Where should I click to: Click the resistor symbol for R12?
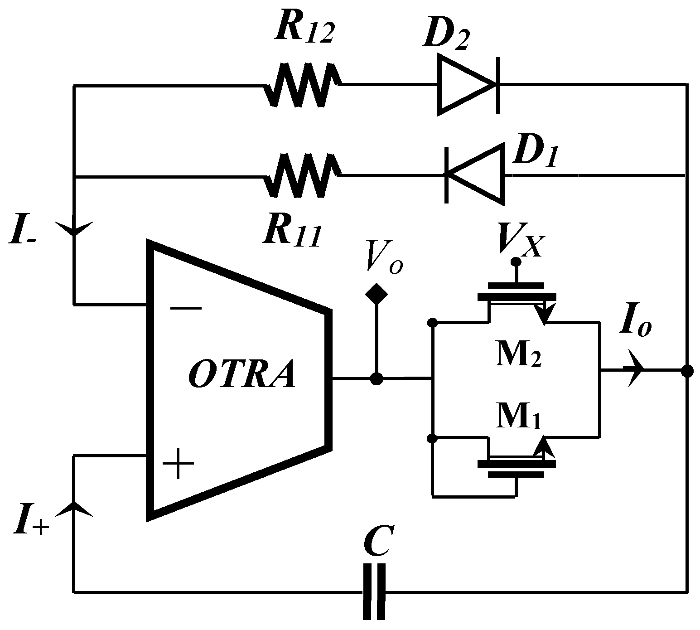point(301,85)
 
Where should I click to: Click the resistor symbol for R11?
point(301,176)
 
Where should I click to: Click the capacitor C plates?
point(375,591)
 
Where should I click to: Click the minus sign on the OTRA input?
point(186,308)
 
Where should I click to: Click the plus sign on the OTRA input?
point(179,464)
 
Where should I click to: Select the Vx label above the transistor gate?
point(519,240)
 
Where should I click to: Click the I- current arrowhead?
point(74,228)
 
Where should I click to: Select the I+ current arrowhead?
point(74,509)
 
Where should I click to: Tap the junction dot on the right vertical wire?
point(687,371)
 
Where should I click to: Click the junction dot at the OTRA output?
point(376,378)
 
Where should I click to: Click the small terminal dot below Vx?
point(515,262)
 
